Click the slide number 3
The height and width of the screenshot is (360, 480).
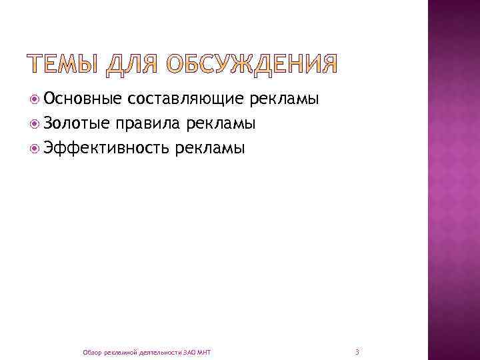click(x=357, y=351)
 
